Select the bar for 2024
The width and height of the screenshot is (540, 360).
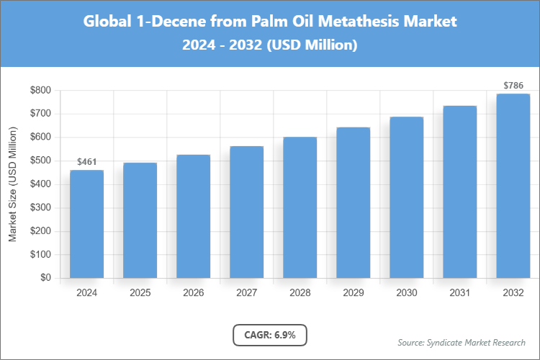pyautogui.click(x=86, y=224)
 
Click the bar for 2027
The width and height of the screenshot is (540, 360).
pyautogui.click(x=246, y=212)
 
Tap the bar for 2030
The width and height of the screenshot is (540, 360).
pyautogui.click(x=406, y=197)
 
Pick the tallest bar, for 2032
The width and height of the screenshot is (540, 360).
pyautogui.click(x=513, y=186)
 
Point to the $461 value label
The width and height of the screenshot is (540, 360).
pyautogui.click(x=86, y=162)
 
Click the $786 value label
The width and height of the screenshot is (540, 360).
pyautogui.click(x=513, y=86)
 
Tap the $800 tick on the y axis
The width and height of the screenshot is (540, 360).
pyautogui.click(x=40, y=91)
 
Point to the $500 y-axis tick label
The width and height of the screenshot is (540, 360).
pyautogui.click(x=40, y=161)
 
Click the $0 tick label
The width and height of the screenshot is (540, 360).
pyautogui.click(x=45, y=278)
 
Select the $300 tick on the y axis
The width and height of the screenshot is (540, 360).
pyautogui.click(x=40, y=208)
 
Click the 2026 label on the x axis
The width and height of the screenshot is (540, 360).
pyautogui.click(x=193, y=293)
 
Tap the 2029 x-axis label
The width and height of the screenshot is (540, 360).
pyautogui.click(x=353, y=293)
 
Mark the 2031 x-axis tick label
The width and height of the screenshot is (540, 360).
pyautogui.click(x=459, y=293)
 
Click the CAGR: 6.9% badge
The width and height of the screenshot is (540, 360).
pyautogui.click(x=270, y=335)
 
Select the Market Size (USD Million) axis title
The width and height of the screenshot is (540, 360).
pyautogui.click(x=13, y=184)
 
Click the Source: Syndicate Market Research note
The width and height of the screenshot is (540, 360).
pyautogui.click(x=462, y=342)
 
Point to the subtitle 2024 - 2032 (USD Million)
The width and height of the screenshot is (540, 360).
pyautogui.click(x=270, y=45)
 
